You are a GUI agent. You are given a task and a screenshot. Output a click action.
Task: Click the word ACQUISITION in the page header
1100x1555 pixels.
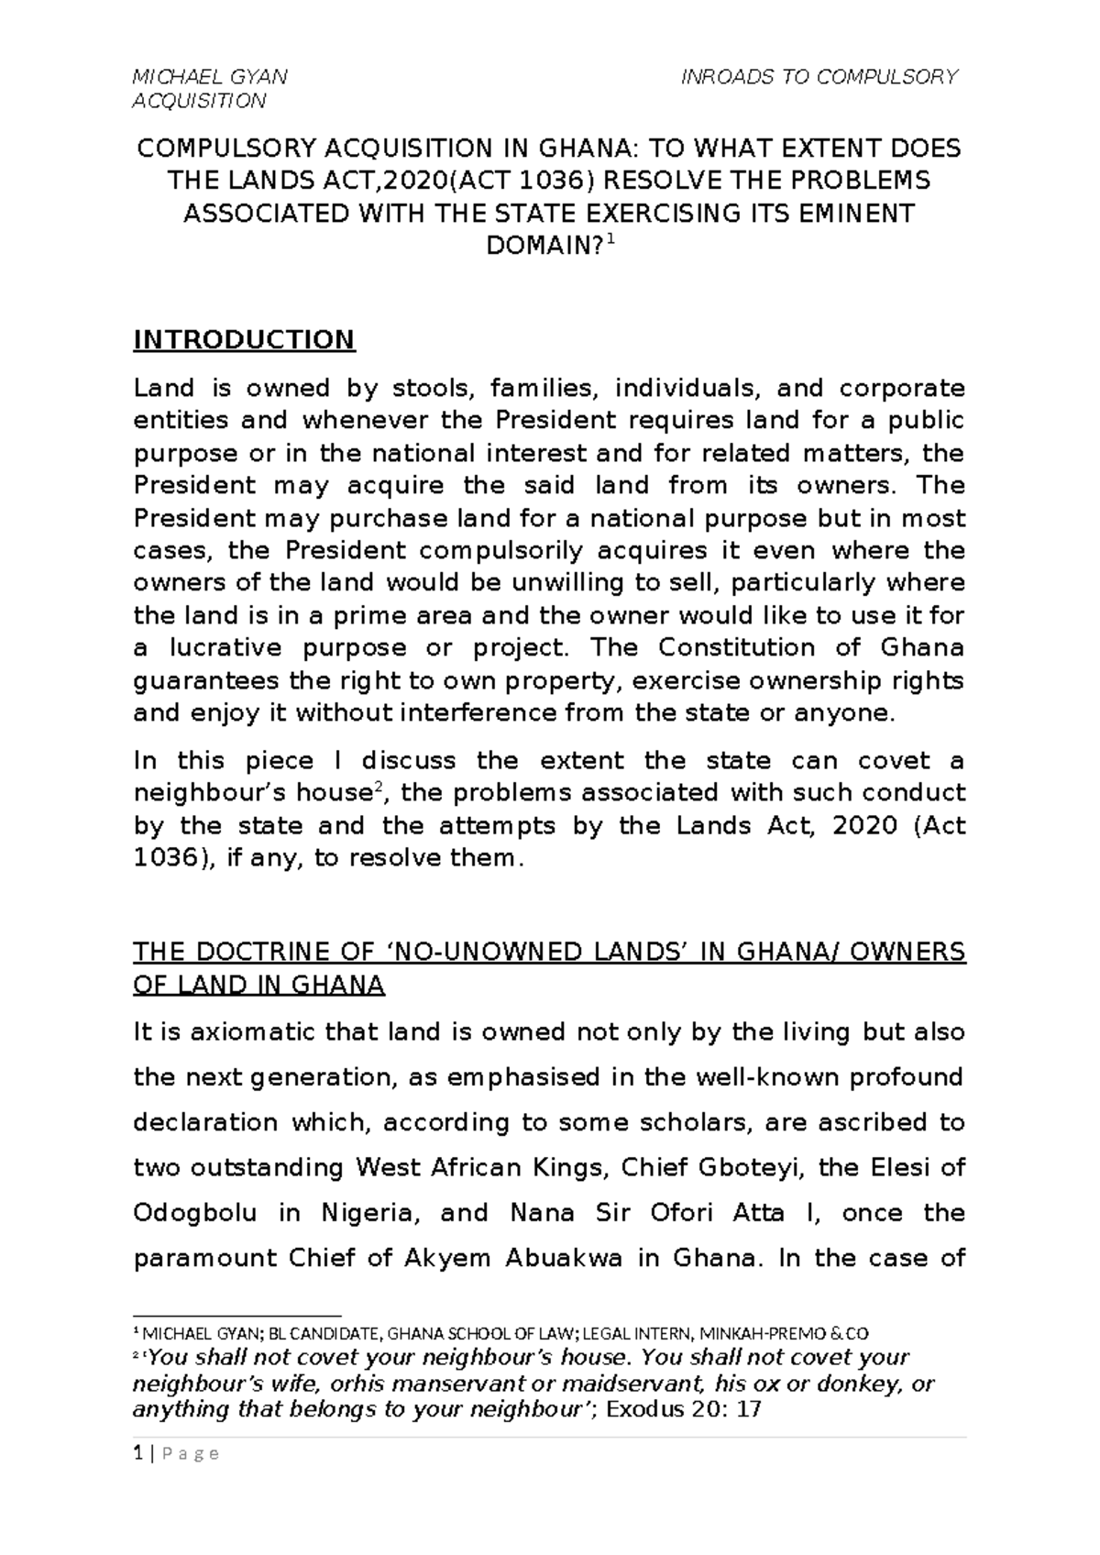[199, 101]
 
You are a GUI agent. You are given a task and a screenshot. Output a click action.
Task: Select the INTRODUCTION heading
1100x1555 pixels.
[244, 340]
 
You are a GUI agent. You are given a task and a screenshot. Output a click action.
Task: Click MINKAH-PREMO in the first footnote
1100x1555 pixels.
[765, 1333]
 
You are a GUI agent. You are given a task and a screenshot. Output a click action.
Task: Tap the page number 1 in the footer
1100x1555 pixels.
[137, 1453]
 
